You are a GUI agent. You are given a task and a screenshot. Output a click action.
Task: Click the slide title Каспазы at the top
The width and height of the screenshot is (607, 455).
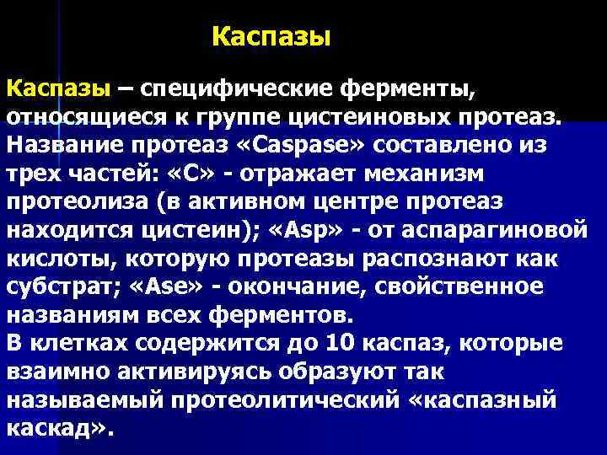pos(271,36)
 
